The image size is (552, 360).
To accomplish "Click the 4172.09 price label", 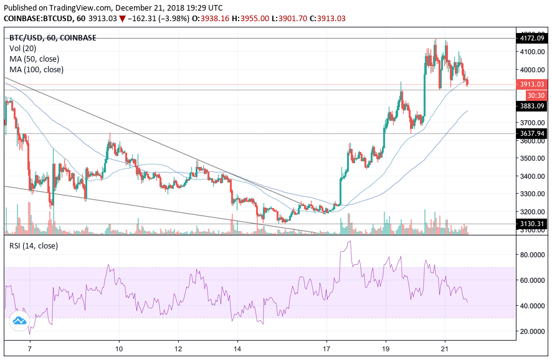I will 533,39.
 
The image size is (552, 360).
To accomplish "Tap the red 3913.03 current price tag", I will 533,84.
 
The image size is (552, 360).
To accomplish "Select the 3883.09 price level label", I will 533,107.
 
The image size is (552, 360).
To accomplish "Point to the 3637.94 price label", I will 533,133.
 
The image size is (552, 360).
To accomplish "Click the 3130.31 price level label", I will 533,224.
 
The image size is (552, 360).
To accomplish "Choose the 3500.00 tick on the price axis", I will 533,158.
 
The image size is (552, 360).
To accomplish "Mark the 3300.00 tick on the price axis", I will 533,194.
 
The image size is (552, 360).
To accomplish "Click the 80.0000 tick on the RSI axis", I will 533,255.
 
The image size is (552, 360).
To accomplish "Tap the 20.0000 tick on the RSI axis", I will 533,331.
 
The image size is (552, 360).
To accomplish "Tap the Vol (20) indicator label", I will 23,48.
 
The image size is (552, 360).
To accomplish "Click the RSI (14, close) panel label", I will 34,246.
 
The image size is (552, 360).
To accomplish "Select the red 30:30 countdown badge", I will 536,95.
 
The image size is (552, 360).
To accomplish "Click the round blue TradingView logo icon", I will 19,321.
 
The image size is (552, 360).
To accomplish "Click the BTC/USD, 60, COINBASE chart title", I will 52,37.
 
